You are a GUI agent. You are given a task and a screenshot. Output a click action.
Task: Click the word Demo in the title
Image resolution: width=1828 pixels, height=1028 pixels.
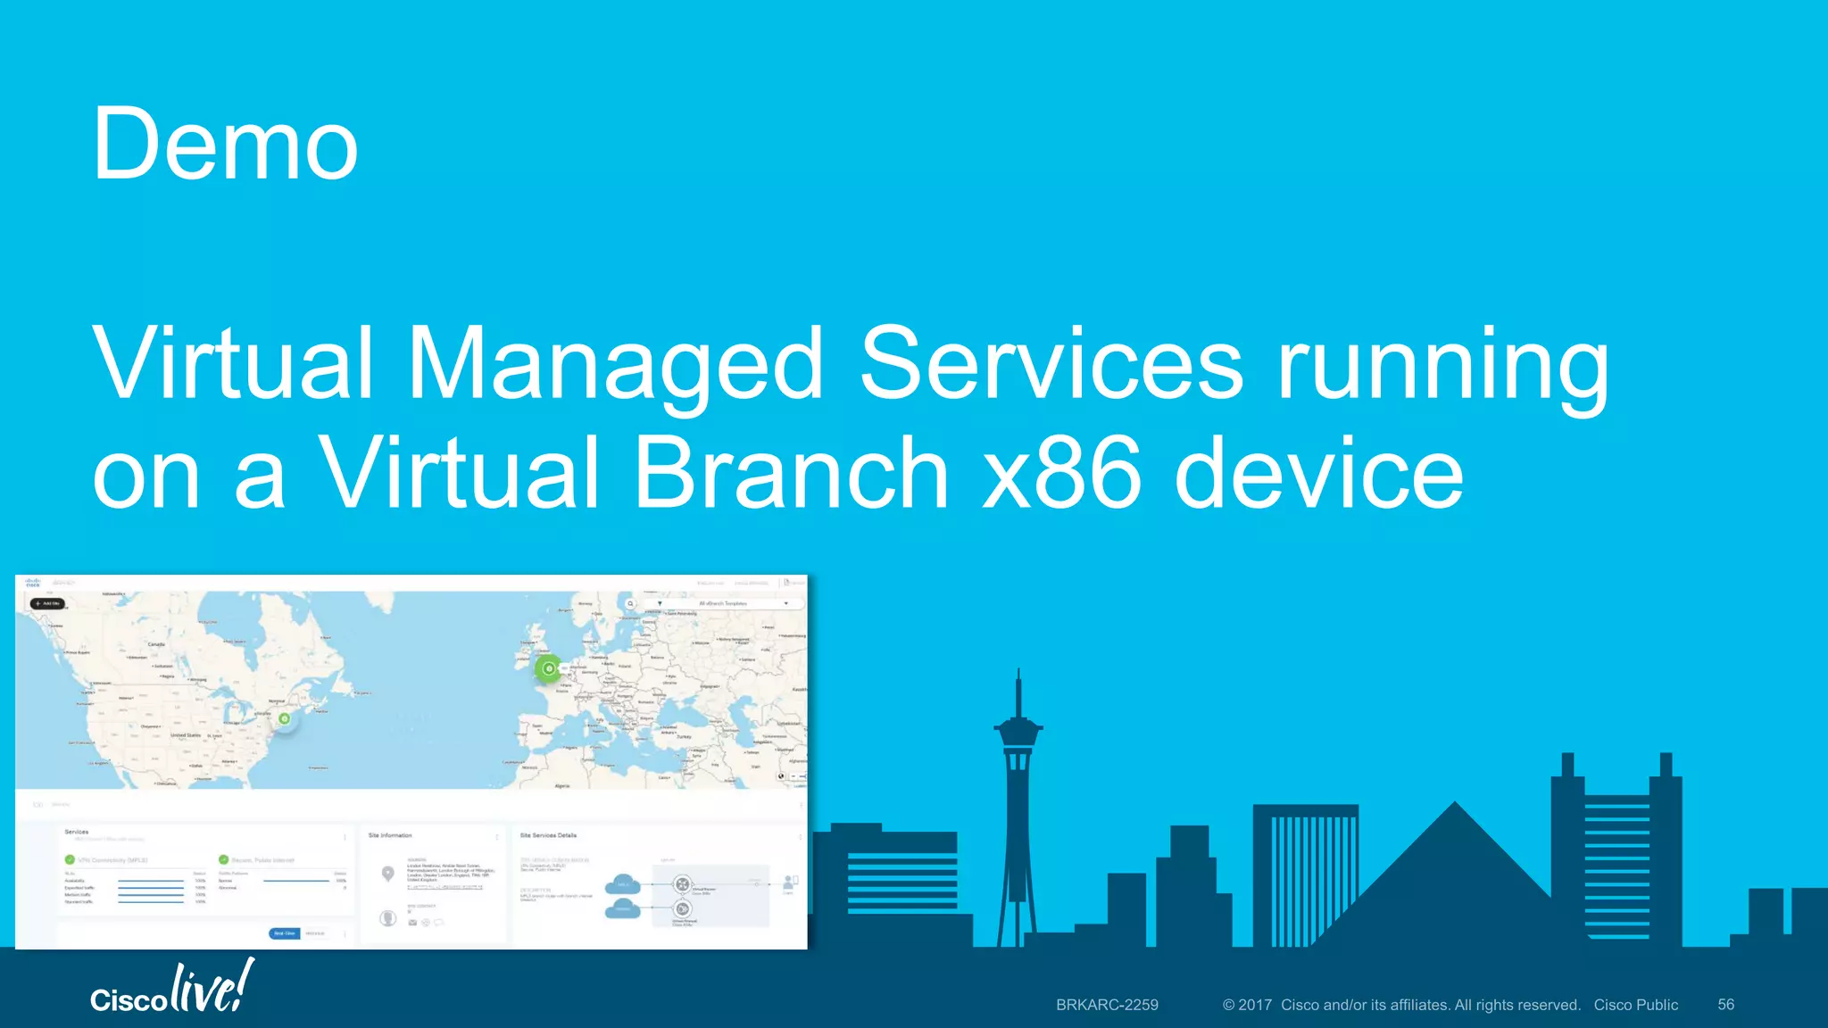pyautogui.click(x=225, y=145)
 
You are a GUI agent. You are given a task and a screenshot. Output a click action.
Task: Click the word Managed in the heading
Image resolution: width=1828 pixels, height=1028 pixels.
pyautogui.click(x=615, y=364)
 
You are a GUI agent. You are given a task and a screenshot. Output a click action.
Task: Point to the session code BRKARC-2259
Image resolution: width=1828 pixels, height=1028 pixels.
pyautogui.click(x=1107, y=1005)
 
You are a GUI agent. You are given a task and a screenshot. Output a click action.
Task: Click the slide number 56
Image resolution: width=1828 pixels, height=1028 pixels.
pyautogui.click(x=1725, y=1005)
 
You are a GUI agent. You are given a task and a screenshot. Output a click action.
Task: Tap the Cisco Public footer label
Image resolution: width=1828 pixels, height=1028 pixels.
pyautogui.click(x=1635, y=1005)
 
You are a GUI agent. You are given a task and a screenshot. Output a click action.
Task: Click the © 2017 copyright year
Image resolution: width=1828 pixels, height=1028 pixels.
pyautogui.click(x=1247, y=1005)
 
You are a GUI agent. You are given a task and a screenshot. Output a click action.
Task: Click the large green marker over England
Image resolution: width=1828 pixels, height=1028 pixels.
pyautogui.click(x=549, y=668)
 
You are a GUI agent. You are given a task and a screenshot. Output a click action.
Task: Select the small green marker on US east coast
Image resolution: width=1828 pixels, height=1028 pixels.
pyautogui.click(x=284, y=718)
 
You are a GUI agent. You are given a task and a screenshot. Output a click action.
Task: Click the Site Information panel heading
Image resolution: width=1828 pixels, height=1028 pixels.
pyautogui.click(x=390, y=835)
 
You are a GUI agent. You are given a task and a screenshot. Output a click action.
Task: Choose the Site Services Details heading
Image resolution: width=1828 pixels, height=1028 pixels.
pyautogui.click(x=548, y=835)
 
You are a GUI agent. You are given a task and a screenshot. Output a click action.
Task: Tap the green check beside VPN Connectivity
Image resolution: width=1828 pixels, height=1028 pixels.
pyautogui.click(x=70, y=859)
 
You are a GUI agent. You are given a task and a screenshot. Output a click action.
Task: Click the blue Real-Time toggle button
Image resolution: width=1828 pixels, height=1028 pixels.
pyautogui.click(x=284, y=933)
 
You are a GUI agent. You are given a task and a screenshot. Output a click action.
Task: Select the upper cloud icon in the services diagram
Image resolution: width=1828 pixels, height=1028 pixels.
pyautogui.click(x=623, y=884)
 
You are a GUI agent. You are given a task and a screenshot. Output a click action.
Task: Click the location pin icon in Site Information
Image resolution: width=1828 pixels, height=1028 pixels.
pyautogui.click(x=387, y=873)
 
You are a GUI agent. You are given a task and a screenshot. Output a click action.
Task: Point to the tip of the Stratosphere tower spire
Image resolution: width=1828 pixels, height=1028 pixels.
pyautogui.click(x=1018, y=671)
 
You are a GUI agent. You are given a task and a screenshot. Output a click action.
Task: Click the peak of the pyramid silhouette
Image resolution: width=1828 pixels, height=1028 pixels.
pyautogui.click(x=1455, y=802)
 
